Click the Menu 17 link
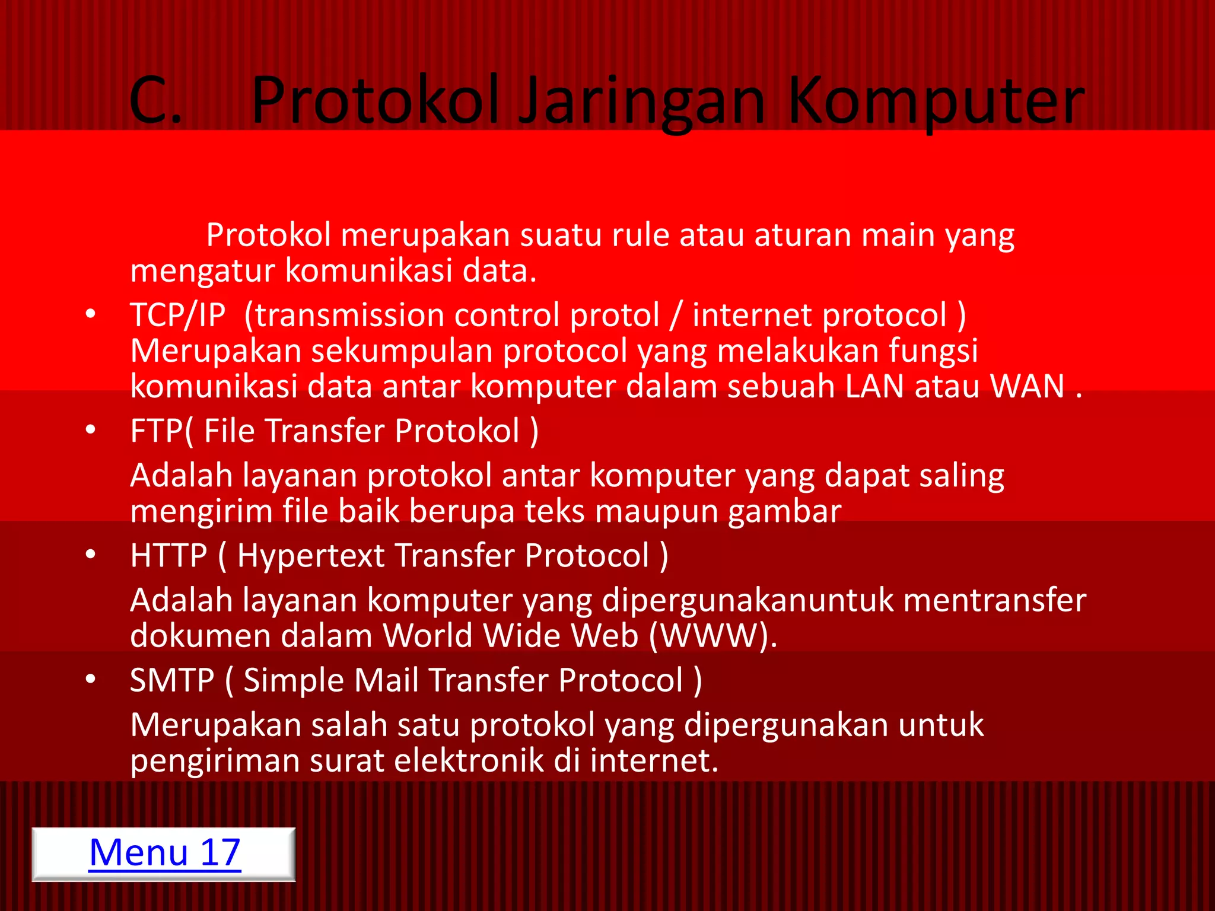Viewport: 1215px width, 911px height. [164, 853]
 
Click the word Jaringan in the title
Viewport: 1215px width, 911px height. [643, 101]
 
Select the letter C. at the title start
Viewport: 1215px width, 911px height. [155, 101]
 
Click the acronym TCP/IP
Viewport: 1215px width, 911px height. [177, 315]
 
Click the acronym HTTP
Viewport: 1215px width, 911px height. [168, 556]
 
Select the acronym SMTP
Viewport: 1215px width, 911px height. [172, 680]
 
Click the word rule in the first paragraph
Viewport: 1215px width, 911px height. [640, 235]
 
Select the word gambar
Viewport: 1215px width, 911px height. [784, 512]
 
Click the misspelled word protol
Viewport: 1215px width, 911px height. [614, 316]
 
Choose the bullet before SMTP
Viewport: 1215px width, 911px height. [90, 679]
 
